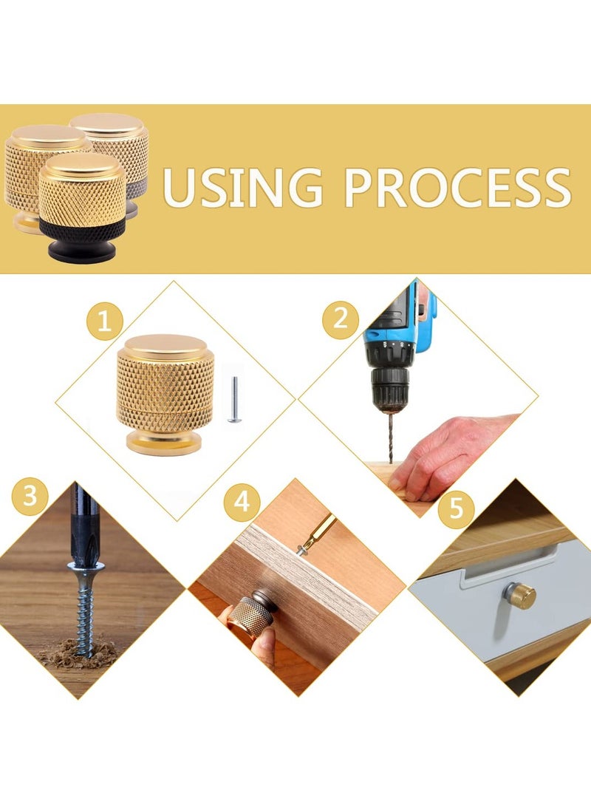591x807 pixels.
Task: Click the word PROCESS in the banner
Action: click(458, 188)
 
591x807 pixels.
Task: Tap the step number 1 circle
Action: click(104, 321)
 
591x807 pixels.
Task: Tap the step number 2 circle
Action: click(341, 319)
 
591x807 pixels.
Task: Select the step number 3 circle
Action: click(30, 496)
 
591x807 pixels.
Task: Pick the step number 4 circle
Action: click(242, 502)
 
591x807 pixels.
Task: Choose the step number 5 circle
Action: click(457, 509)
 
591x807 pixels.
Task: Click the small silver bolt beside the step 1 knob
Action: click(234, 399)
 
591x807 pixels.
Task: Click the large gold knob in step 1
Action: click(165, 394)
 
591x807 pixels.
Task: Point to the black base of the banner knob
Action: click(85, 242)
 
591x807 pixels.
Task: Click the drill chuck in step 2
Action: click(390, 386)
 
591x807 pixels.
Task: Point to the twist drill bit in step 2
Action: click(390, 437)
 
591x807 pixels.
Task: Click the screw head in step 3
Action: click(86, 567)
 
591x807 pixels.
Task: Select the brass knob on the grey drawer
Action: click(520, 596)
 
